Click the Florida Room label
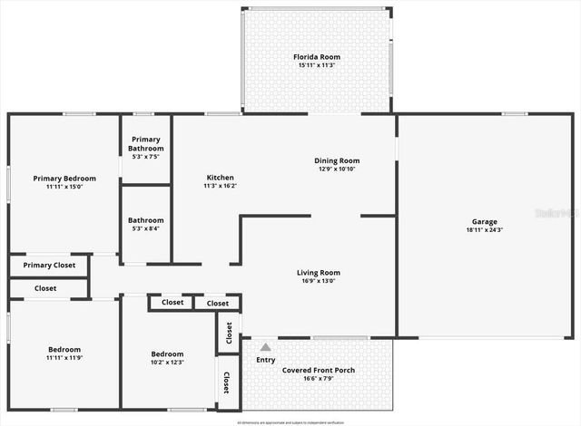(316, 57)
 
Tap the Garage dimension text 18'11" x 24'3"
(484, 230)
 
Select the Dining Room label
(337, 160)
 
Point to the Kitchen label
(220, 178)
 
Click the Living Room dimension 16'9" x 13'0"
(318, 281)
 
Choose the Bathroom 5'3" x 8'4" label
(145, 220)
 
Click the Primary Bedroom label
(64, 179)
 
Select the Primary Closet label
(49, 266)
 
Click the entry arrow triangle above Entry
(265, 346)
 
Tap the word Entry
(265, 360)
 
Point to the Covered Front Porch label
(318, 370)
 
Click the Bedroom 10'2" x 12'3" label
(167, 354)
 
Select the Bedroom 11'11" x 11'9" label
(64, 350)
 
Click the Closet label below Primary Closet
(45, 288)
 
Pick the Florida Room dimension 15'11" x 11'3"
(316, 65)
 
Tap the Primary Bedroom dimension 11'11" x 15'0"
(64, 187)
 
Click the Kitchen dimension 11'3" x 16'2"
(220, 186)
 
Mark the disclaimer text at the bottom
(290, 422)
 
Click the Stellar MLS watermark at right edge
(557, 214)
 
